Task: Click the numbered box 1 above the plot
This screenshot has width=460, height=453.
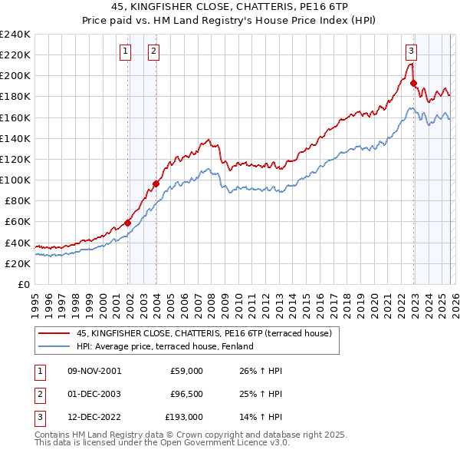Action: (x=125, y=51)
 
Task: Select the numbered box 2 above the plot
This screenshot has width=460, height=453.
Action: (x=153, y=51)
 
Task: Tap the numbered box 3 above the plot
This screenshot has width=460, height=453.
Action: (x=411, y=51)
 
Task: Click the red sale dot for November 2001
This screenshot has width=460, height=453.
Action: (x=128, y=223)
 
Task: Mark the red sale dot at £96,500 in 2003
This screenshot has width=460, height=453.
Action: (x=156, y=184)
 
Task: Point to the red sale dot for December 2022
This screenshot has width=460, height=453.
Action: (x=413, y=83)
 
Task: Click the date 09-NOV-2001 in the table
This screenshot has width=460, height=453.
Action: (x=94, y=371)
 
